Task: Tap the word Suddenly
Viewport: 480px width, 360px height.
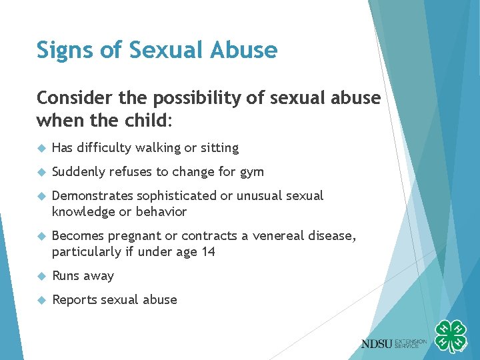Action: point(79,171)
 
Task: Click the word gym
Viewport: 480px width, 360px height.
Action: point(251,171)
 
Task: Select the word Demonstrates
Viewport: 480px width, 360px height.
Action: point(93,195)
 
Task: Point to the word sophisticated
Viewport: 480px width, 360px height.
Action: point(177,195)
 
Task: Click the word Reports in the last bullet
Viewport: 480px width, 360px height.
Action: point(75,299)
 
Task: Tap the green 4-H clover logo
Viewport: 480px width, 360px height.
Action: point(450,337)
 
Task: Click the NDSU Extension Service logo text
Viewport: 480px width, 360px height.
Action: point(393,343)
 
